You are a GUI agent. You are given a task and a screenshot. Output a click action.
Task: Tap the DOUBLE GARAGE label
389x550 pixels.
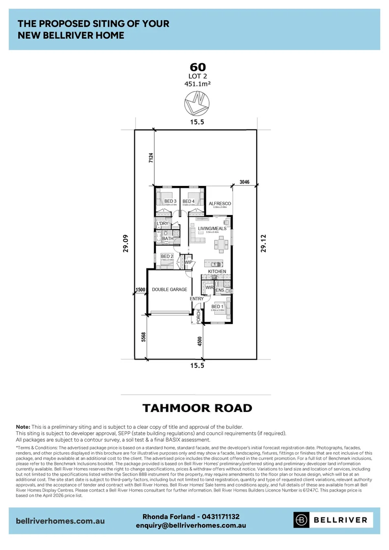(170, 289)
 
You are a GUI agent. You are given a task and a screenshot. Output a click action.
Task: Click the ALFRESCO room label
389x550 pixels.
(220, 204)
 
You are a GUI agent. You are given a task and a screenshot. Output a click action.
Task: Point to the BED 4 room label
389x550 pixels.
(188, 201)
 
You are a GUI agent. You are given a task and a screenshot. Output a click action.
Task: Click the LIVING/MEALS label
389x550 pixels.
(212, 229)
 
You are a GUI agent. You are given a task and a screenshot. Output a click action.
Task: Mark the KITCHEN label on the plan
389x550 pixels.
(217, 271)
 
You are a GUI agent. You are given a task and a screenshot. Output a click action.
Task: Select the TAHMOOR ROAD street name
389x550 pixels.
(197, 408)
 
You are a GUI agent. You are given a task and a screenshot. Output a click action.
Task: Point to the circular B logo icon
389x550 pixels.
(301, 520)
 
